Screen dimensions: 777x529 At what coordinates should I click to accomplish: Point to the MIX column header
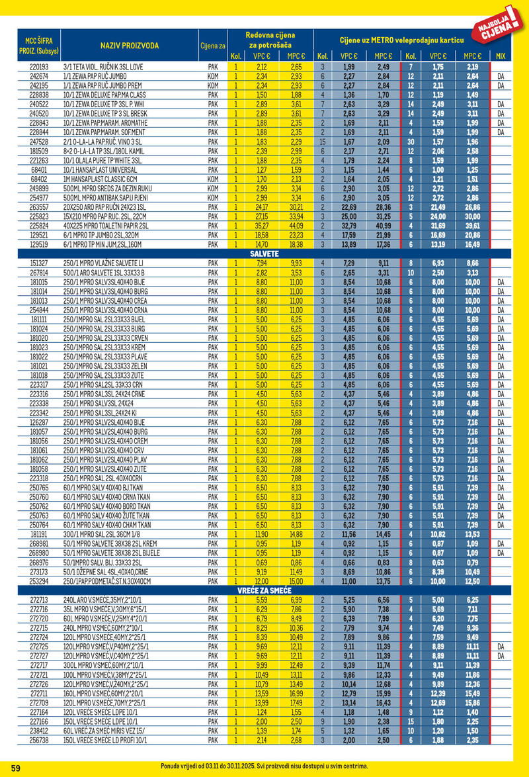500,56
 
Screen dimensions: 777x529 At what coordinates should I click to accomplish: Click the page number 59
17,767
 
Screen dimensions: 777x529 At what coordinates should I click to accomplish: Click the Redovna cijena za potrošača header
270,39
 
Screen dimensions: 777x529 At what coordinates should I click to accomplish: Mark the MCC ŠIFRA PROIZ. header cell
30,45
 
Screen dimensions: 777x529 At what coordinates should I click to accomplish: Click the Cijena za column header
213,46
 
